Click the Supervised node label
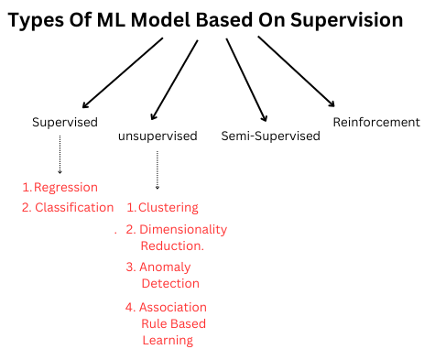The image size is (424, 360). pyautogui.click(x=64, y=122)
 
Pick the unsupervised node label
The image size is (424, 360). pyautogui.click(x=158, y=136)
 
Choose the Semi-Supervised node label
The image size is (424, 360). pyautogui.click(x=271, y=136)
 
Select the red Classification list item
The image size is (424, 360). pyautogui.click(x=74, y=207)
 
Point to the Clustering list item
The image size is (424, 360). pyautogui.click(x=169, y=208)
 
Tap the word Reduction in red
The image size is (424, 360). pyautogui.click(x=171, y=245)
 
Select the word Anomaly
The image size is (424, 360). pyautogui.click(x=165, y=267)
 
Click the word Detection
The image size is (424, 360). pyautogui.click(x=169, y=283)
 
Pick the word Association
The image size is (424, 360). pyautogui.click(x=173, y=307)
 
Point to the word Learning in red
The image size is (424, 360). pyautogui.click(x=167, y=340)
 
